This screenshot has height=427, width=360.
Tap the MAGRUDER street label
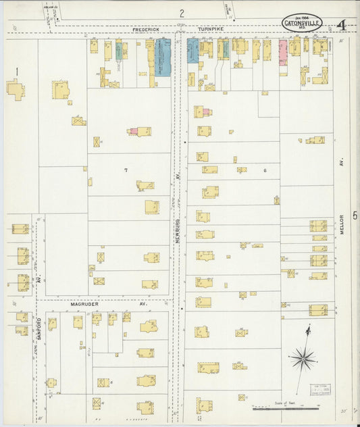tap(85, 305)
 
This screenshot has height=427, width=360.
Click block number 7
tap(126, 170)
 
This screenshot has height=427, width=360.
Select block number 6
tap(265, 170)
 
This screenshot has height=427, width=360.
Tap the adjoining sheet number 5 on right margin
tap(354, 215)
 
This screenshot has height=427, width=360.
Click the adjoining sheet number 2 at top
tap(182, 13)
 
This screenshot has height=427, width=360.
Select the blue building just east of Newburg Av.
tap(192, 51)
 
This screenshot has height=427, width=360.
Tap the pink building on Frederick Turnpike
tap(283, 49)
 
